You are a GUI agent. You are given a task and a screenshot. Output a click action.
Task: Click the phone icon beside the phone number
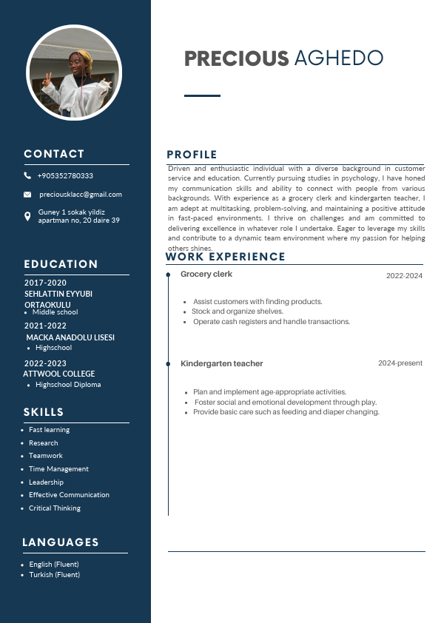click(x=27, y=176)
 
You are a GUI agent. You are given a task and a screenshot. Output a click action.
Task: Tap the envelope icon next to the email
click(x=27, y=195)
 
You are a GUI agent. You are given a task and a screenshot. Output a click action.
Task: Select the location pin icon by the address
click(x=27, y=215)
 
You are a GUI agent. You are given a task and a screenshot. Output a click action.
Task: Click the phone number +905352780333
click(x=65, y=176)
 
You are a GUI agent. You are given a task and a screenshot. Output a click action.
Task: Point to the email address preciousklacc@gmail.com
click(x=80, y=195)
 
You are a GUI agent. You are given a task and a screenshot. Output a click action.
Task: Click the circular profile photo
click(x=74, y=73)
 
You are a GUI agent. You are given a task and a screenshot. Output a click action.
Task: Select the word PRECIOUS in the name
click(x=236, y=58)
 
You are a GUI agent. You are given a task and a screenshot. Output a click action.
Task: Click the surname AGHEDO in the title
click(x=338, y=58)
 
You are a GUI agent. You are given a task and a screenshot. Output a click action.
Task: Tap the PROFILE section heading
click(x=192, y=155)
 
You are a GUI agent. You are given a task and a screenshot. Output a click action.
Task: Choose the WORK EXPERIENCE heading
click(x=225, y=257)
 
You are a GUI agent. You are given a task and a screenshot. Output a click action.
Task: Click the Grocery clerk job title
click(x=206, y=275)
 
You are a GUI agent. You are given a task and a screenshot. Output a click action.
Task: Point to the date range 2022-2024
click(x=404, y=276)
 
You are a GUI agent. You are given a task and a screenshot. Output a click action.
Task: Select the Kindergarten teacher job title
click(x=222, y=364)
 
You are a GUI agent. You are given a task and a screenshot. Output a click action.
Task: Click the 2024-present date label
click(x=400, y=363)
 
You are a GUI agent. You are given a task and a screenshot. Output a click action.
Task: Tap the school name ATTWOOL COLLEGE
click(x=59, y=374)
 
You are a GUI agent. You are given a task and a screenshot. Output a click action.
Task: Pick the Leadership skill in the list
click(x=46, y=482)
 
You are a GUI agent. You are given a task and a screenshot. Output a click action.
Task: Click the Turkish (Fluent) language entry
click(x=55, y=575)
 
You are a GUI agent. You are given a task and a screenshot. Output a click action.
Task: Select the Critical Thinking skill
click(x=55, y=508)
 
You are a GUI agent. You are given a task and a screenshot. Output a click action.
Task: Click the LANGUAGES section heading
click(x=61, y=542)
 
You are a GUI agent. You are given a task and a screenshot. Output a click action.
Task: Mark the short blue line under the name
click(x=202, y=95)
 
